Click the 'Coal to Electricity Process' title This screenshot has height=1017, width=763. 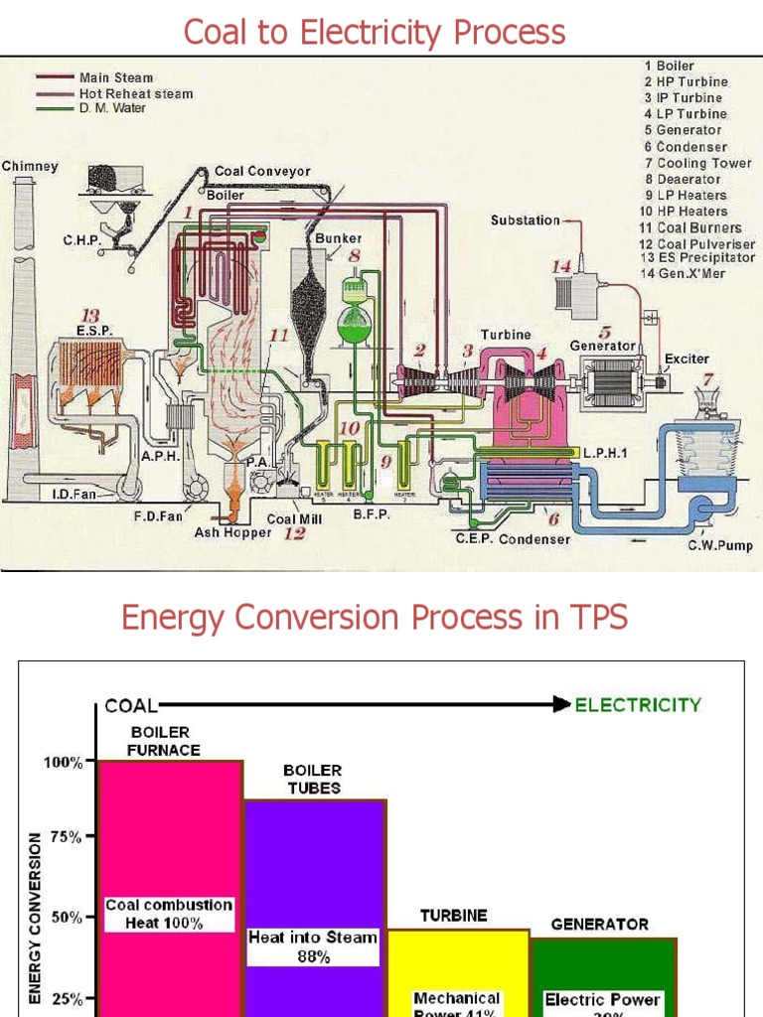pos(374,32)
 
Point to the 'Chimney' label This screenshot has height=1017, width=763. pos(30,167)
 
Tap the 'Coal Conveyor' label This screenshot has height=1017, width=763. pos(262,171)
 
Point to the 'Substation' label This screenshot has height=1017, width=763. pos(525,220)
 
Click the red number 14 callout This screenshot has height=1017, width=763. pos(562,265)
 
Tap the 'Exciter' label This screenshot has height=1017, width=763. pos(687,359)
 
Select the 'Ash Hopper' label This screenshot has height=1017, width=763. pos(232,533)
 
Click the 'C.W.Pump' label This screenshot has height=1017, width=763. pos(720,545)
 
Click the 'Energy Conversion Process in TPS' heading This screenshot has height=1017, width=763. pos(374,618)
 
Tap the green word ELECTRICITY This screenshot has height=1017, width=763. pos(638,705)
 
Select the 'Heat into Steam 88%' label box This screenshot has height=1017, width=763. pos(313,946)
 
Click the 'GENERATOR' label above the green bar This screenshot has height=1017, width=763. pos(599,924)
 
